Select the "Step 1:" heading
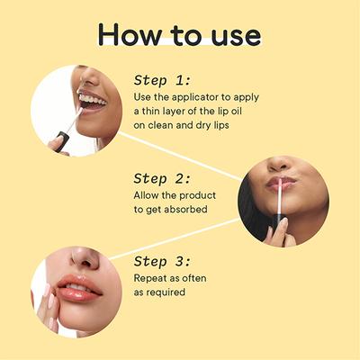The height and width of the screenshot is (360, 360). coord(163,79)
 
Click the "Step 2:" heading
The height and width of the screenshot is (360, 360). coord(164,177)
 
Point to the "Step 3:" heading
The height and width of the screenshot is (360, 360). coord(163,262)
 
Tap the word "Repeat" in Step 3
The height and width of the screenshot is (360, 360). coord(153,278)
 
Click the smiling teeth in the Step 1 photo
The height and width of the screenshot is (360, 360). coord(90,100)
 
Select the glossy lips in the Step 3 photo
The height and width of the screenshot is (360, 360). coord(80,290)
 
